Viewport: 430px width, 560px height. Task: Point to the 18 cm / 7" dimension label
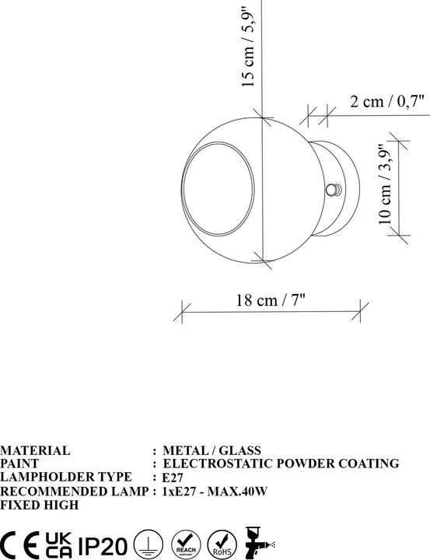(x=271, y=299)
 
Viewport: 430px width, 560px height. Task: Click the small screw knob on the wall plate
(x=334, y=190)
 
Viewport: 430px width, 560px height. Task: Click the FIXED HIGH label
(x=39, y=506)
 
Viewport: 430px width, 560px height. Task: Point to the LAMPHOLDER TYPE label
(x=53, y=478)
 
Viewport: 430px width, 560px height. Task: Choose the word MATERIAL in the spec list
(x=35, y=450)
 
